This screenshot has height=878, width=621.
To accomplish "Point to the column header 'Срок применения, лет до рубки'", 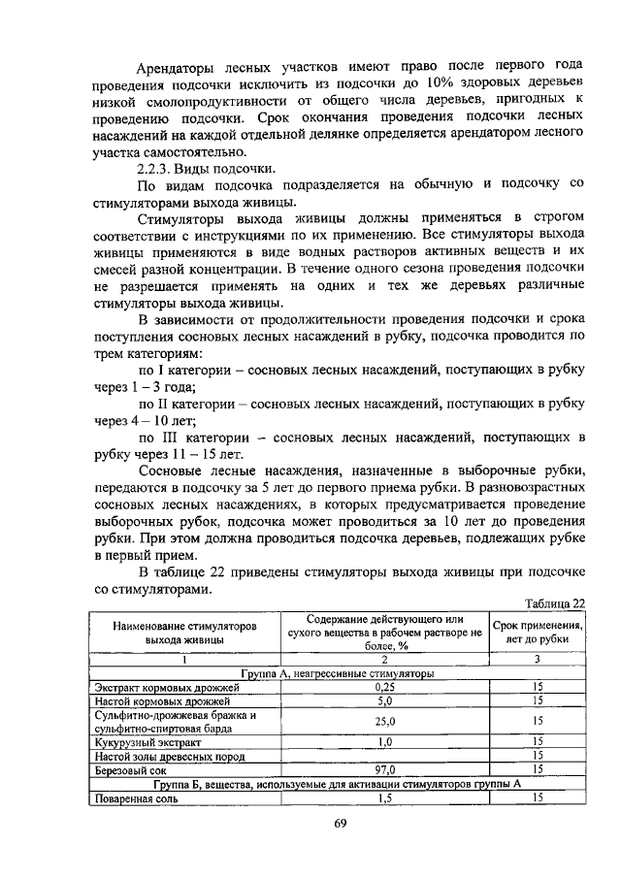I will click(x=537, y=634).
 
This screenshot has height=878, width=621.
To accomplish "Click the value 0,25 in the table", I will click(x=384, y=686).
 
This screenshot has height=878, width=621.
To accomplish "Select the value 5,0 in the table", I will click(x=384, y=699).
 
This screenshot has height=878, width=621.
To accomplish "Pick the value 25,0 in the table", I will click(x=384, y=721).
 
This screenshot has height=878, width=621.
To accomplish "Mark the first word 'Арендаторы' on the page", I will click(x=178, y=66).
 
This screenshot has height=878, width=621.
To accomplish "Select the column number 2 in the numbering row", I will click(x=384, y=659).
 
